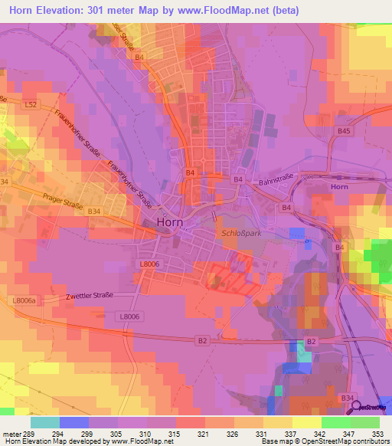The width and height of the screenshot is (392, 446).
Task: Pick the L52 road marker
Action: (31, 103)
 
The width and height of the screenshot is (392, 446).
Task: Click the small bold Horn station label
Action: (339, 187)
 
